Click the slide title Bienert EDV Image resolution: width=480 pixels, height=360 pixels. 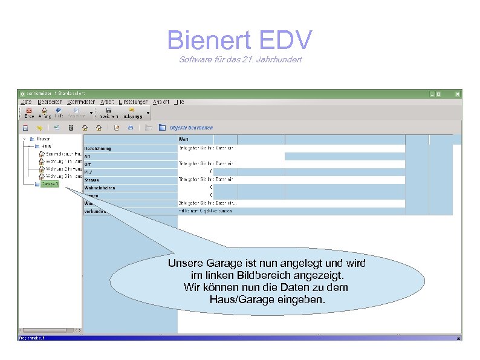pyautogui.click(x=239, y=40)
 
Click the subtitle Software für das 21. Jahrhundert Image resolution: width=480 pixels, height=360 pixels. pyautogui.click(x=240, y=59)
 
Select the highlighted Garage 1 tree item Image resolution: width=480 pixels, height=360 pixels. pyautogui.click(x=50, y=183)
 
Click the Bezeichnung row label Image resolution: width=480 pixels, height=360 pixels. pyautogui.click(x=98, y=148)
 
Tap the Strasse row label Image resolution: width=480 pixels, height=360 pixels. pyautogui.click(x=92, y=180)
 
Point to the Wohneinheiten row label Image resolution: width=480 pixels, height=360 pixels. pyautogui.click(x=100, y=188)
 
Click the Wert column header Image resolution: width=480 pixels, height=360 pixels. pyautogui.click(x=184, y=140)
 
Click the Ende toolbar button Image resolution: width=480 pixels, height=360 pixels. pyautogui.click(x=28, y=113)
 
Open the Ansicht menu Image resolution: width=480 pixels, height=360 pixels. pyautogui.click(x=161, y=102)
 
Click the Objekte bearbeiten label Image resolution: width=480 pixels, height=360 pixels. pyautogui.click(x=191, y=128)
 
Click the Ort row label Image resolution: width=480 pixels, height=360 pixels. pyautogui.click(x=88, y=164)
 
